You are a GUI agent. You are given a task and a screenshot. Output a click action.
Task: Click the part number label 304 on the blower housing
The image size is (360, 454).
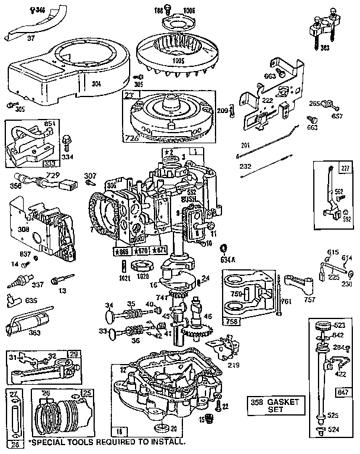pyautogui.click(x=96, y=84)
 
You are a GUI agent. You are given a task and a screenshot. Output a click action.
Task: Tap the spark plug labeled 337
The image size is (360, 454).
pyautogui.click(x=37, y=284)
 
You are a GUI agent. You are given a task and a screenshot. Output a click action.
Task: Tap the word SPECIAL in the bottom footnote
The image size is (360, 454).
pyautogui.click(x=49, y=442)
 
